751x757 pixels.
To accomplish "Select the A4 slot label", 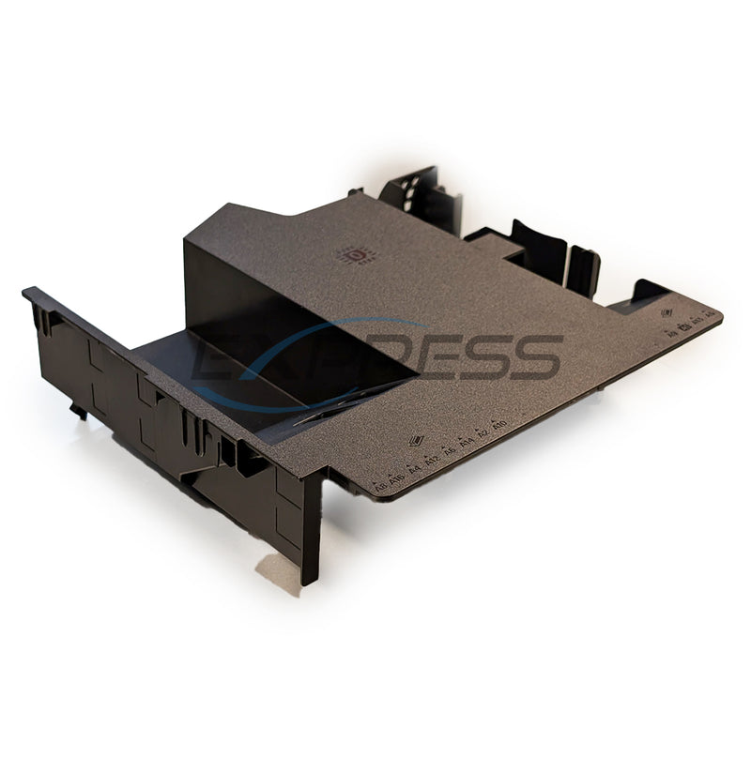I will [414, 466].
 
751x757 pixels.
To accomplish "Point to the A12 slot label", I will [431, 460].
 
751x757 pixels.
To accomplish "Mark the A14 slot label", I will [466, 442].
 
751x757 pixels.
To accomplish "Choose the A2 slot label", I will [483, 434].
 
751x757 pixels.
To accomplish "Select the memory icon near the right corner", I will [668, 314].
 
